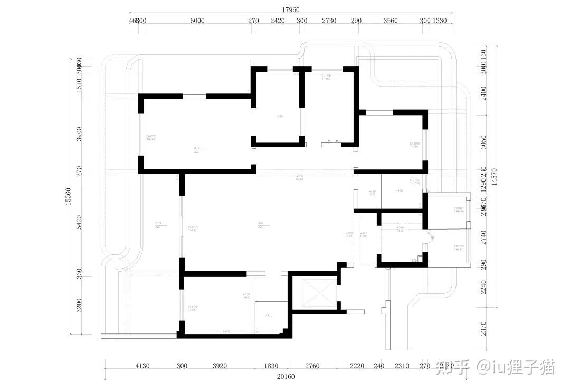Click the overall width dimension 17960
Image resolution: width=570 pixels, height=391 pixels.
point(291,9)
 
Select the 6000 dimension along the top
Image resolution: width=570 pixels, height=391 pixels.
point(197,21)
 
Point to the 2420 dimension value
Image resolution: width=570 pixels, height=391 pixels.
point(278,21)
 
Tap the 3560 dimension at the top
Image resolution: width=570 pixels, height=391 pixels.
point(391,21)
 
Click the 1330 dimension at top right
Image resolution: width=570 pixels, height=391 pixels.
point(440,21)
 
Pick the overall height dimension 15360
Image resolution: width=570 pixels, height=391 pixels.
point(69,196)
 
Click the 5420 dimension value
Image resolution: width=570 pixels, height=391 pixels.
point(79,222)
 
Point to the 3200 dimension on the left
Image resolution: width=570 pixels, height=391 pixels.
point(79,306)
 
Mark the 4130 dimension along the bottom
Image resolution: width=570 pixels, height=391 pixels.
point(142,366)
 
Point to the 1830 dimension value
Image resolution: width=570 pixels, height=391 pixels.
point(271,366)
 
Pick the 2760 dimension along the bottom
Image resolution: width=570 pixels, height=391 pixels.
point(313,366)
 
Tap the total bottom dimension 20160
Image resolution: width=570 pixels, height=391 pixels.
point(286,377)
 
